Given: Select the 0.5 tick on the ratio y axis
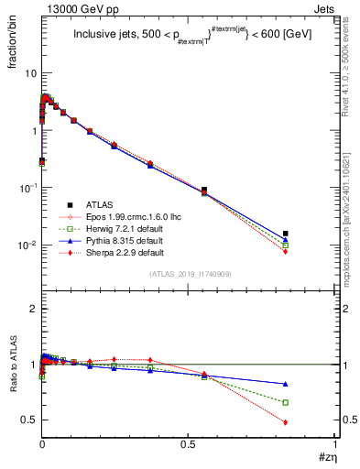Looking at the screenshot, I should pyautogui.click(x=28, y=420).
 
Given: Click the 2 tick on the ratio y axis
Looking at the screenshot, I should pyautogui.click(x=32, y=309).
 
